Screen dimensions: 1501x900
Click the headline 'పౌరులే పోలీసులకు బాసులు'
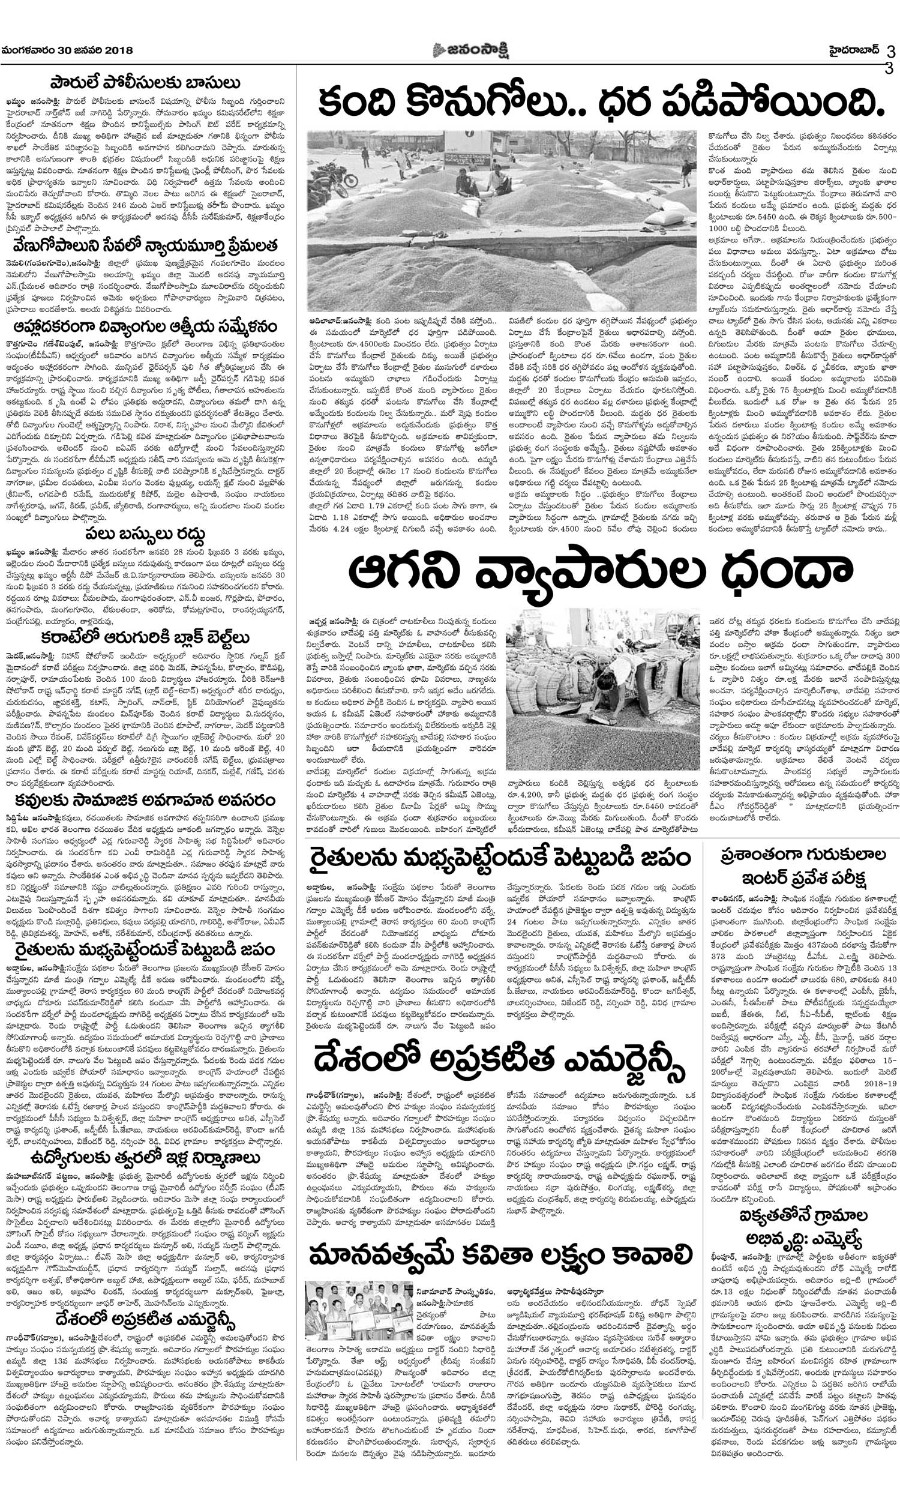(x=145, y=82)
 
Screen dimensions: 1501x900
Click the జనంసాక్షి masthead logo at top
(x=470, y=51)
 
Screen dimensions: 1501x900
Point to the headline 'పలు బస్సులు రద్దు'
(x=145, y=534)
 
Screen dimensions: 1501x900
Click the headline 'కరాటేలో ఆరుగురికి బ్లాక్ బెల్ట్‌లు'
(x=145, y=638)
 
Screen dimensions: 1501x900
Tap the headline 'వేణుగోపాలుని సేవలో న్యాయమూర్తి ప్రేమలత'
(x=145, y=246)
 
